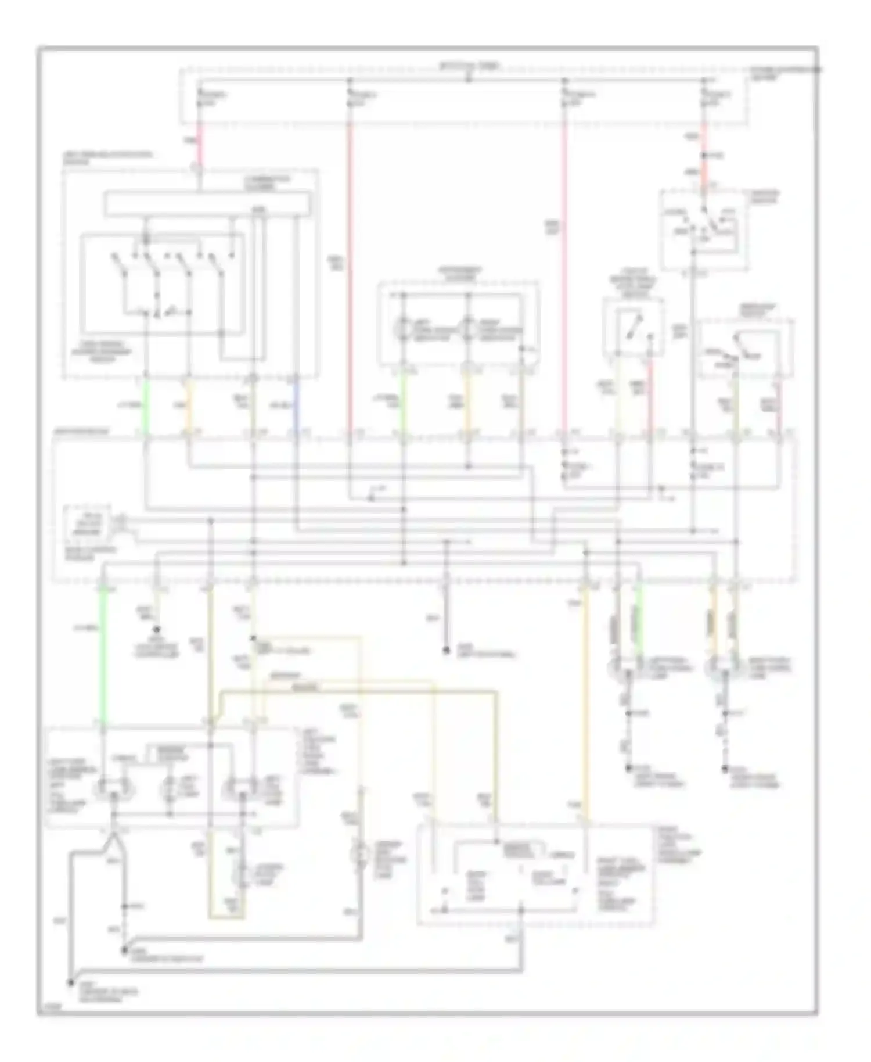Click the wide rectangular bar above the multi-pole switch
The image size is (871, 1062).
coord(207,204)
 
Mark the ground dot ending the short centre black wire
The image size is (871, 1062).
coord(446,651)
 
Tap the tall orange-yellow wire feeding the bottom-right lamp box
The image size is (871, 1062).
coord(585,697)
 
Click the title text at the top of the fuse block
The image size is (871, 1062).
coord(469,66)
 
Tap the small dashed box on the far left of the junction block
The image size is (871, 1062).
coord(88,523)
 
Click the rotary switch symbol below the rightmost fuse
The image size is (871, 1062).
coord(703,224)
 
